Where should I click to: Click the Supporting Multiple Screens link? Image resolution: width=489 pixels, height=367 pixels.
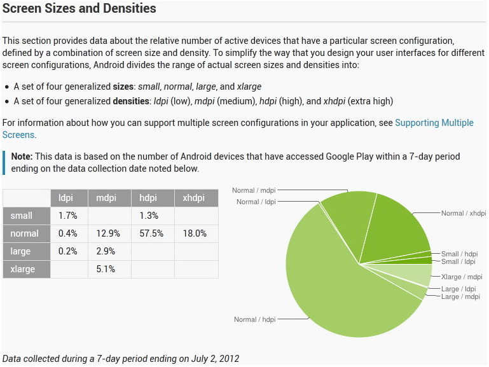coord(434,123)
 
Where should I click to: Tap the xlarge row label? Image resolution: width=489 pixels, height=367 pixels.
coord(23,269)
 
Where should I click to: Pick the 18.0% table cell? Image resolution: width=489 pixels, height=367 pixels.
coord(195,233)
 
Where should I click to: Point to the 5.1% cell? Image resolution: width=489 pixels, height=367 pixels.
coord(106,269)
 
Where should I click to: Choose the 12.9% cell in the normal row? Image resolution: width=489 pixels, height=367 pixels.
coord(107,233)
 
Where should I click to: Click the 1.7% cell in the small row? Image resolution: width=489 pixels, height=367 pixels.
coord(67,216)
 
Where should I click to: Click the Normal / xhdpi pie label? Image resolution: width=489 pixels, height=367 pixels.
coord(464,214)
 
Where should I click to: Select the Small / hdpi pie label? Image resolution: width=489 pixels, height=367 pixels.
coord(459,254)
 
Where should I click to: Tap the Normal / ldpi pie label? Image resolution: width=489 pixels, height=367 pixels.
coord(257,202)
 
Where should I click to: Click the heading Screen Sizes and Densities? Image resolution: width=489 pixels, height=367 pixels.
coord(79,9)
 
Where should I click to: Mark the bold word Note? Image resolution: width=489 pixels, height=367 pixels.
coord(22,156)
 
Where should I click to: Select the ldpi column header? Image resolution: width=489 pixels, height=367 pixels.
coord(66,198)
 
